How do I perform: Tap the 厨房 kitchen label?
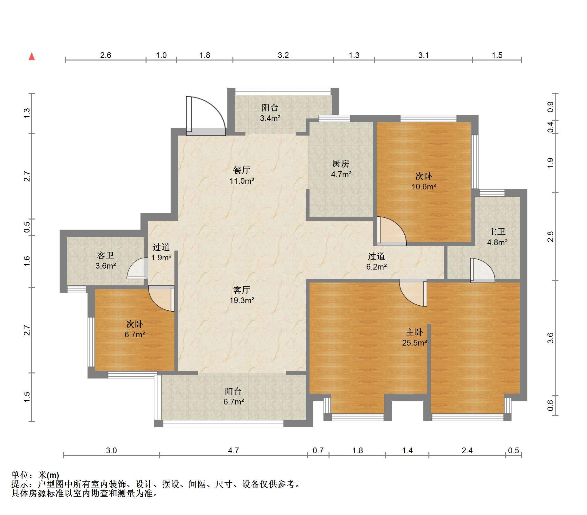tap(341, 163)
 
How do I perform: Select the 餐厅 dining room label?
tap(242, 170)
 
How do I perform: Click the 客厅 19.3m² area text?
tap(242, 300)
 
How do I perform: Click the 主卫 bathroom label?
tap(497, 232)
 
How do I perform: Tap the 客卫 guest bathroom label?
tap(106, 255)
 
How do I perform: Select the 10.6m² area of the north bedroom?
tap(424, 187)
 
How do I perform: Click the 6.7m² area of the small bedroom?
tap(135, 334)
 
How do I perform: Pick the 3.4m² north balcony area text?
tap(270, 118)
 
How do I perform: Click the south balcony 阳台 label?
tap(234, 391)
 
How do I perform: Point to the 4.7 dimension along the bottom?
tap(233, 450)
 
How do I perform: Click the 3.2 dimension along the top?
tap(283, 55)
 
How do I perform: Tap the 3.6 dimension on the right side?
tap(550, 338)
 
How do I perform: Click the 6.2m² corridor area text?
tap(376, 267)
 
